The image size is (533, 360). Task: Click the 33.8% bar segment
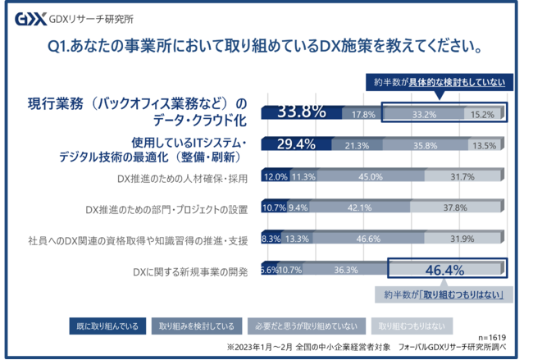point(301,113)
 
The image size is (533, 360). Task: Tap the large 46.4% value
point(444,269)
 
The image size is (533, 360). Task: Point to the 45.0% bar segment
point(371,176)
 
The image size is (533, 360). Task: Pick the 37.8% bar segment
point(454,207)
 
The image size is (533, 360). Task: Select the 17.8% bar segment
point(362,114)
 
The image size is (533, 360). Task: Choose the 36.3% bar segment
point(345,269)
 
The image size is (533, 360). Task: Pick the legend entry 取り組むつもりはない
point(407,325)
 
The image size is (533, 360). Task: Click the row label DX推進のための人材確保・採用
point(181,176)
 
